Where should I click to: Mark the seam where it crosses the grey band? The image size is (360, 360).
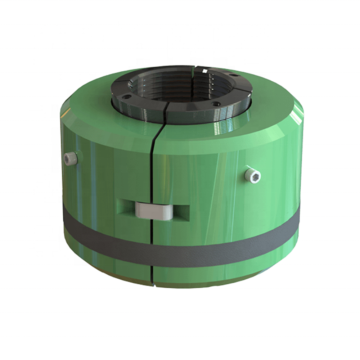tap(156, 239)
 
